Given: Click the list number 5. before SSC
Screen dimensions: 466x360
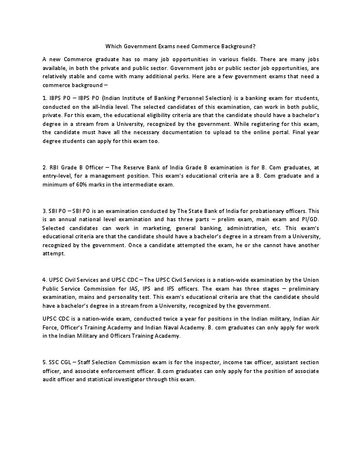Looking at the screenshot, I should pyautogui.click(x=45, y=361).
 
